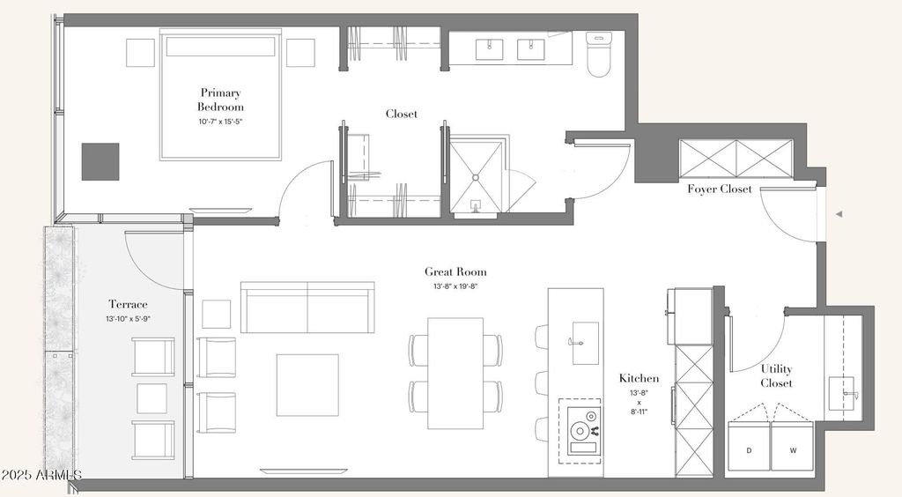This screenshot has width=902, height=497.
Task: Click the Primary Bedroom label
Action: [220, 100]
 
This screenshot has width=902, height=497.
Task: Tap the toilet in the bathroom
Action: [598, 54]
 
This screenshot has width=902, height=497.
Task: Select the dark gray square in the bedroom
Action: [100, 161]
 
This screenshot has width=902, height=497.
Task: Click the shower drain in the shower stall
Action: [477, 178]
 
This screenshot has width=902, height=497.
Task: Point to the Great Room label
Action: [455, 271]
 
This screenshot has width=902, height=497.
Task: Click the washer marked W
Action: [793, 447]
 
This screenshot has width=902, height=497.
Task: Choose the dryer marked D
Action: [750, 447]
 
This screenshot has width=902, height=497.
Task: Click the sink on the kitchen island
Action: [585, 343]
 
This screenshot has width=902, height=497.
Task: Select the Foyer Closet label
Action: [720, 189]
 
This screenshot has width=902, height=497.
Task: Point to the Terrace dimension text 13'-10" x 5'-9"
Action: [129, 318]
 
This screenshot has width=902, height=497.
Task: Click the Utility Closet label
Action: [777, 375]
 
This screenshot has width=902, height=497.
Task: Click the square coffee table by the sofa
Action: [307, 385]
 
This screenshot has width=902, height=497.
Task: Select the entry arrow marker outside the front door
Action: [839, 214]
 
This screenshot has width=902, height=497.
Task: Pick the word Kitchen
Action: [640, 378]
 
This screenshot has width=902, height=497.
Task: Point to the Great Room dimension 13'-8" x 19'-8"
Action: [455, 286]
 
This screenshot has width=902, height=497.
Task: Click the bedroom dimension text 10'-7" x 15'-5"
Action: [221, 122]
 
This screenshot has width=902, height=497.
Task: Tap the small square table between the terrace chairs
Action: [152, 398]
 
